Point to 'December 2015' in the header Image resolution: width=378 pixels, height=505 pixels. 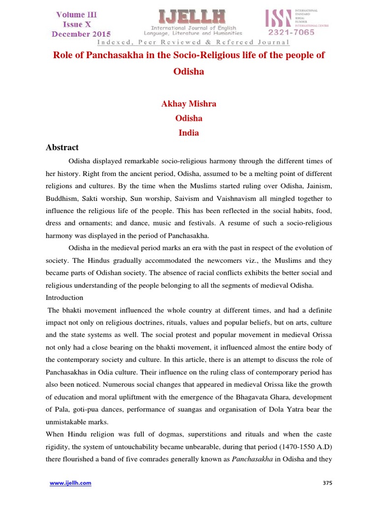(x=81, y=34)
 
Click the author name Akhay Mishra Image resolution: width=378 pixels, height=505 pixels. (x=189, y=104)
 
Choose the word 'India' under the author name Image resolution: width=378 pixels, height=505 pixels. (x=189, y=133)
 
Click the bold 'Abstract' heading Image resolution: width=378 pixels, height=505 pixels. (x=62, y=147)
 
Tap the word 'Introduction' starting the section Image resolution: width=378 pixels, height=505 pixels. (x=64, y=298)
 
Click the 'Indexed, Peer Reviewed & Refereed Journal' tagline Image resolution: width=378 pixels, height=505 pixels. (x=189, y=42)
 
